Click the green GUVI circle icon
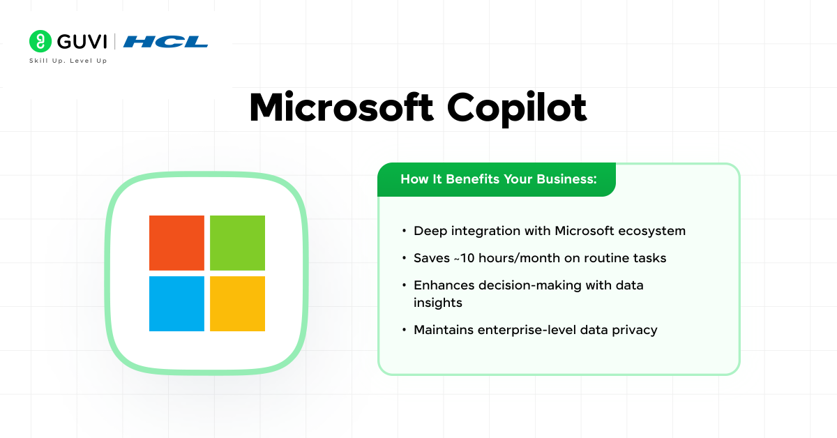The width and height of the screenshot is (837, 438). click(40, 41)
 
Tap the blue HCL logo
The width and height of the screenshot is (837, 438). click(165, 42)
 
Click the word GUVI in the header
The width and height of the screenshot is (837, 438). click(82, 41)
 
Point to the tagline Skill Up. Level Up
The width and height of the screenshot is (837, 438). click(68, 61)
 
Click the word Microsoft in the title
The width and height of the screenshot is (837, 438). click(342, 107)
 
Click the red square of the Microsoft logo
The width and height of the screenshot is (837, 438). click(176, 243)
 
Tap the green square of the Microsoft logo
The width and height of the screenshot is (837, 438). click(237, 243)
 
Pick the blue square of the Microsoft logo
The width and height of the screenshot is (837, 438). click(176, 303)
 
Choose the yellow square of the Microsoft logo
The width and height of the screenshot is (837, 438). click(237, 303)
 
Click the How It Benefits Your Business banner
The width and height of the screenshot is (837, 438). click(497, 179)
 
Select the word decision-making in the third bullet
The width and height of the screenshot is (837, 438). click(530, 285)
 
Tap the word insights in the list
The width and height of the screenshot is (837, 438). click(438, 303)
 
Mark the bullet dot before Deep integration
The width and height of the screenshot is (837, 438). click(404, 231)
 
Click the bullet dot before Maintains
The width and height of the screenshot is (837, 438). click(404, 330)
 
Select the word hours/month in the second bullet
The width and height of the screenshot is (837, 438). click(520, 258)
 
